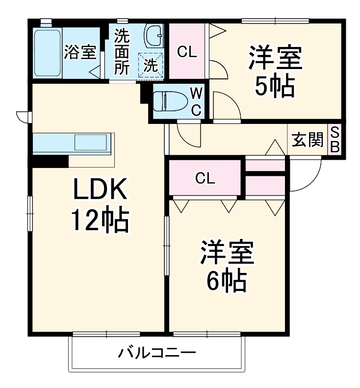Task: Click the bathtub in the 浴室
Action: click(48, 52)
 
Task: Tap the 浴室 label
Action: click(80, 52)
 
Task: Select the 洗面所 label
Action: click(122, 52)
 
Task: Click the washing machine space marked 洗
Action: click(152, 65)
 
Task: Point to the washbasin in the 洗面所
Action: click(154, 35)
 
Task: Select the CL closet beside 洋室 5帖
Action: click(187, 51)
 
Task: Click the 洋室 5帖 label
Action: click(274, 72)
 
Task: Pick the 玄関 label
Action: click(308, 140)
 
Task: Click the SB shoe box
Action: click(334, 140)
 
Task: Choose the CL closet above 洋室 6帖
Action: click(205, 178)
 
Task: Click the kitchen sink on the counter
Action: click(90, 143)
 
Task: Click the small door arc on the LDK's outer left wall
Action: click(23, 117)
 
